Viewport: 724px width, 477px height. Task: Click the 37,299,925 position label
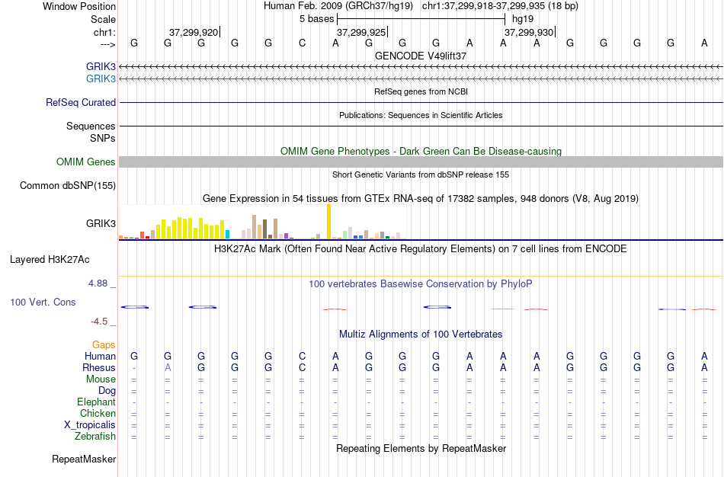tap(361, 33)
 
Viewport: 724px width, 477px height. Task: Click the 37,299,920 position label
tap(194, 33)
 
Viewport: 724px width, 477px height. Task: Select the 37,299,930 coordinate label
tap(529, 33)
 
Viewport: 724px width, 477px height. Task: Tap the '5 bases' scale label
tap(316, 18)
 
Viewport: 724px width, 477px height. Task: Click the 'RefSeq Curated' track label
tap(81, 103)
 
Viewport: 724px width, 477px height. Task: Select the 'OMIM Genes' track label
tap(86, 162)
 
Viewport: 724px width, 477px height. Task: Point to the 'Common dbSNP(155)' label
tap(68, 185)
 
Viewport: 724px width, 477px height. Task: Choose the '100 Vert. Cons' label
tap(43, 303)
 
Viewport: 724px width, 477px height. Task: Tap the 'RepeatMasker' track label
tap(84, 459)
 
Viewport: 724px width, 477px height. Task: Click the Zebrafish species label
tap(95, 437)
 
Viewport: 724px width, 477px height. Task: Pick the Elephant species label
tap(96, 402)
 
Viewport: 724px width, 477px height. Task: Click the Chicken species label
tap(97, 414)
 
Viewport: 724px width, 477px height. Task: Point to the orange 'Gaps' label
tap(104, 345)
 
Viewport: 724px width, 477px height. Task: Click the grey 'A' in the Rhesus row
tap(168, 368)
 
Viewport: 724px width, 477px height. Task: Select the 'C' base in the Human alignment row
tap(302, 357)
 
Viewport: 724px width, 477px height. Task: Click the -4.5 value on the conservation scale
tap(102, 322)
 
